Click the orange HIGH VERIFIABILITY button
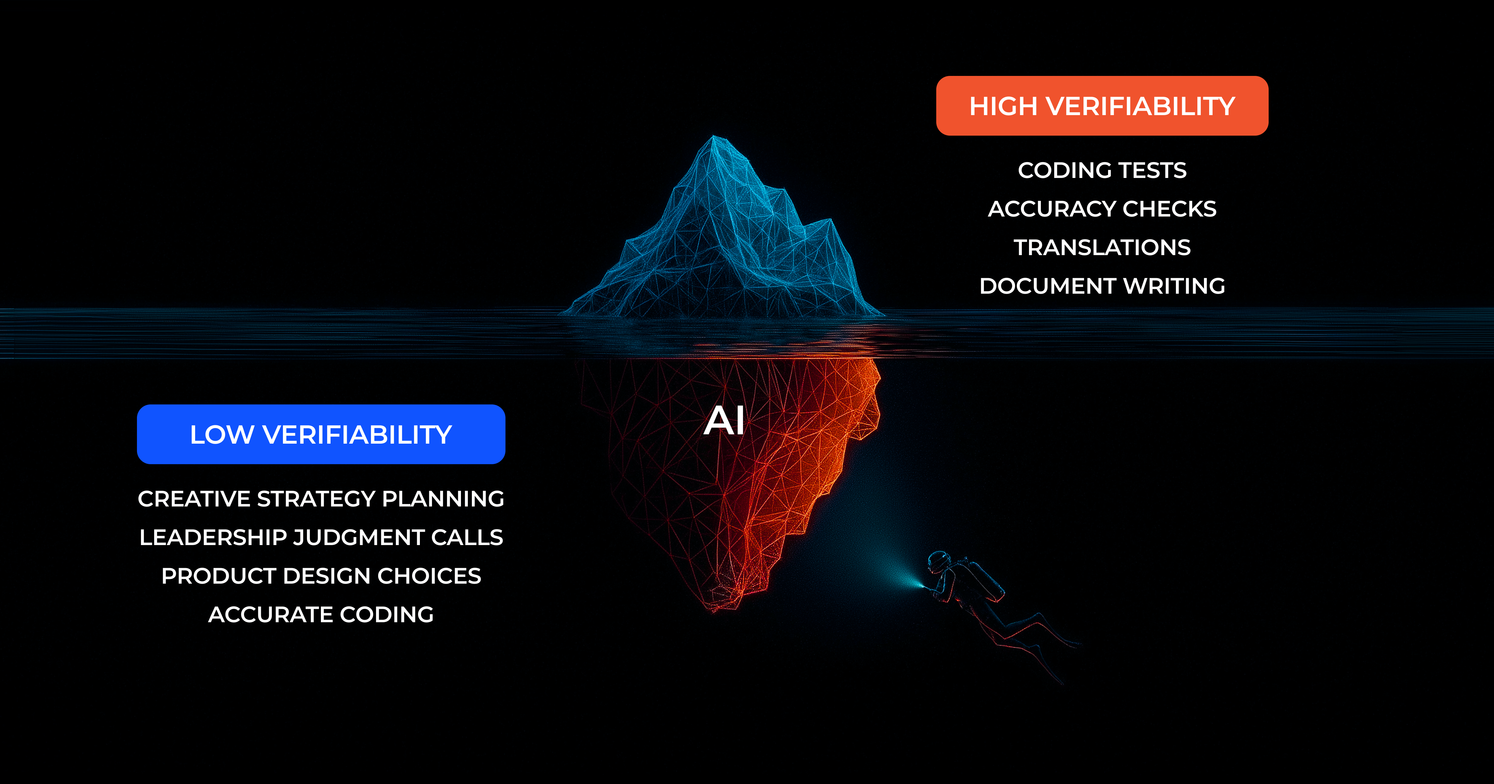(1102, 106)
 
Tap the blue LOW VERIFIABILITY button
(321, 434)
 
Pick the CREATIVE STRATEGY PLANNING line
(321, 499)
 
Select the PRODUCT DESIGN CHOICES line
(321, 576)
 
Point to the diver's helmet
(938, 561)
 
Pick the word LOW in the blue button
(222, 434)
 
